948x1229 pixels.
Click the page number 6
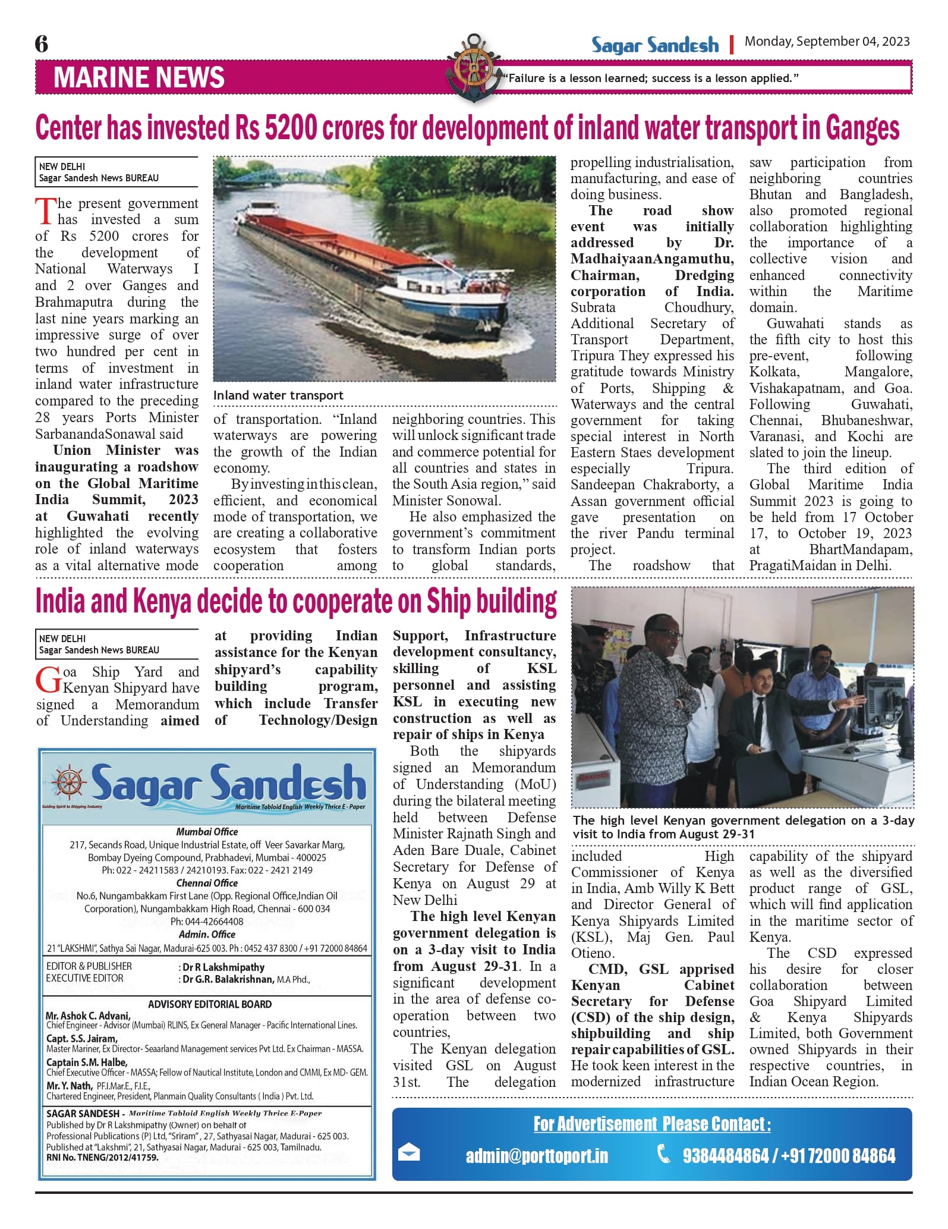tap(42, 43)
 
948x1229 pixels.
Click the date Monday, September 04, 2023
tap(827, 41)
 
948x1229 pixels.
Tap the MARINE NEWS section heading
tap(139, 78)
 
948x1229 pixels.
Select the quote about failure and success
tap(650, 78)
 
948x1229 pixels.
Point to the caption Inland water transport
tap(278, 395)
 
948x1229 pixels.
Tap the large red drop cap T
tap(45, 212)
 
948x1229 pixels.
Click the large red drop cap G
tap(48, 680)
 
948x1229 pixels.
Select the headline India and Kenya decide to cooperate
tap(296, 601)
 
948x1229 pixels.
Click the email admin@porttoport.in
tap(537, 1155)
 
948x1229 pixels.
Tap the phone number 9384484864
tap(725, 1155)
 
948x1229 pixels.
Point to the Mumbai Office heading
tap(207, 832)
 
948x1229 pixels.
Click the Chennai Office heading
tap(207, 883)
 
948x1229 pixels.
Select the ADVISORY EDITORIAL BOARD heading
tap(210, 1004)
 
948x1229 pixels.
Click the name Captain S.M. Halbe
tap(86, 1062)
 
